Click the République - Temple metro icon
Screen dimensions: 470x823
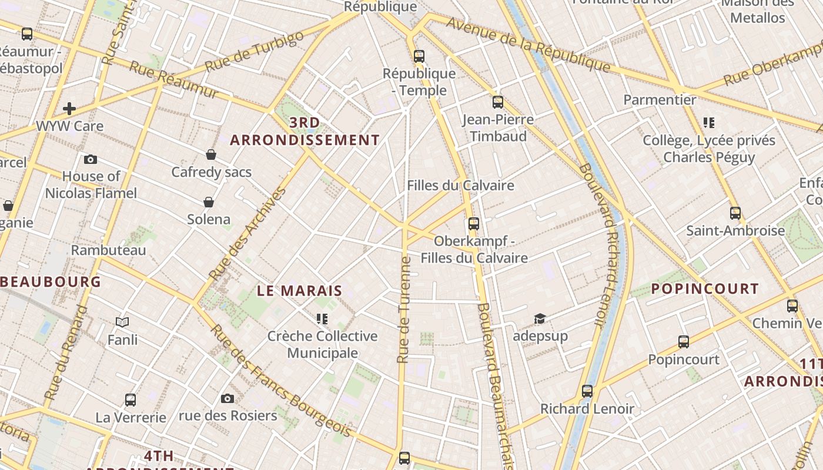419,56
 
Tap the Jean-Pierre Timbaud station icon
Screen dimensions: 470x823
498,102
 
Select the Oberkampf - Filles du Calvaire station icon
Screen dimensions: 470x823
474,224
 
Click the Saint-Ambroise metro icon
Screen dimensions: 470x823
735,213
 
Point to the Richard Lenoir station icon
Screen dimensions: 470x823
587,391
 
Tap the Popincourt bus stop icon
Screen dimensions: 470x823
684,342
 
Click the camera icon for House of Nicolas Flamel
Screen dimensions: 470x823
91,159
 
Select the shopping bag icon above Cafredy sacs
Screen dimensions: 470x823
211,155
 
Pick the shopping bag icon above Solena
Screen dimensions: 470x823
209,202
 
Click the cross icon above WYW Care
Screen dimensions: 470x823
69,109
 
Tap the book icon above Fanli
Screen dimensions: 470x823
122,322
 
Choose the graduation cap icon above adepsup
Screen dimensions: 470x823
540,318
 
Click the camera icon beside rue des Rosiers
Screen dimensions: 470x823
228,399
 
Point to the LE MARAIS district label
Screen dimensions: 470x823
300,291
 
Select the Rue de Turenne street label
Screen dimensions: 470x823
404,310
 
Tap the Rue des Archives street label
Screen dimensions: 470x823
247,233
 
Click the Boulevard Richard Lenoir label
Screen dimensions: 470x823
600,244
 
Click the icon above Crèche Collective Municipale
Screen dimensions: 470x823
322,319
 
